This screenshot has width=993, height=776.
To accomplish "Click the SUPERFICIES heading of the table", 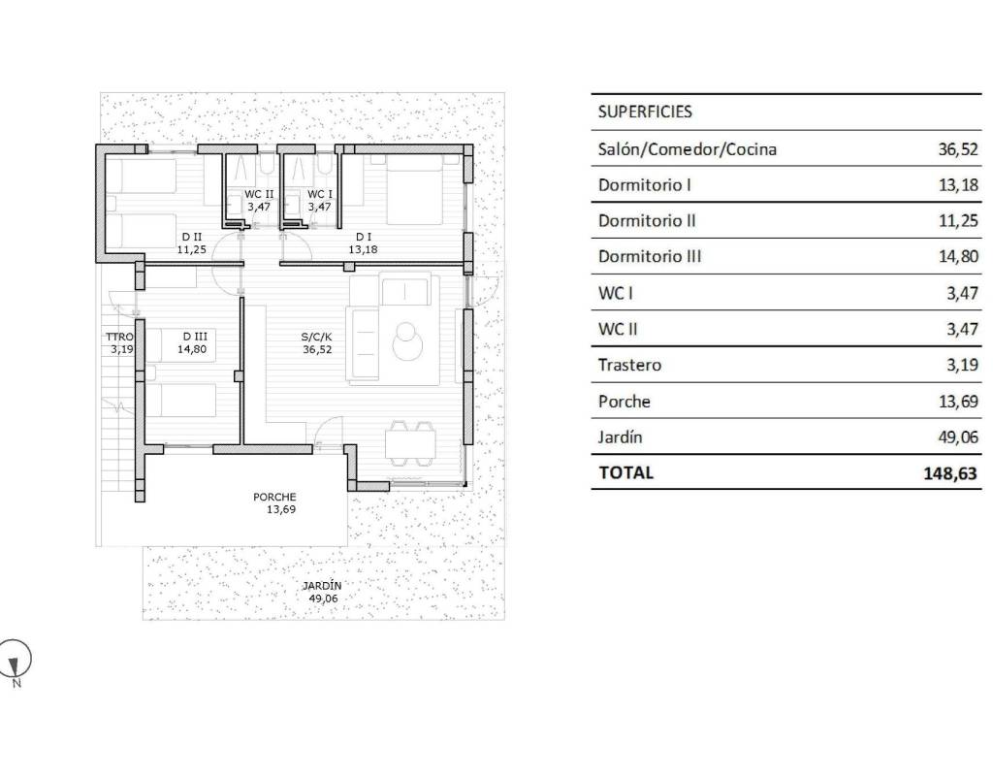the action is click(645, 113).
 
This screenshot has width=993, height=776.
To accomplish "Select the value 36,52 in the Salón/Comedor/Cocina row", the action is click(957, 149).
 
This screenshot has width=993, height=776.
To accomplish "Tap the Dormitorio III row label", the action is click(649, 256).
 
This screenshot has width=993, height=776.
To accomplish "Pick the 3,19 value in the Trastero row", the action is click(963, 365).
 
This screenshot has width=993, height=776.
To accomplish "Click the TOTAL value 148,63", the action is click(950, 473).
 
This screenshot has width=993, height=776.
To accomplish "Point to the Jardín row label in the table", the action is click(620, 437).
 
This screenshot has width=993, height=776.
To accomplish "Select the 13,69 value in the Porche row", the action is click(958, 402).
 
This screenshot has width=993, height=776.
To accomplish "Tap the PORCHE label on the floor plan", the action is click(274, 498).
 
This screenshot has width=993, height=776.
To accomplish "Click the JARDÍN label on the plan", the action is click(322, 586).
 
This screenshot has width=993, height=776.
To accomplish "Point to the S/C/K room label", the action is click(317, 337).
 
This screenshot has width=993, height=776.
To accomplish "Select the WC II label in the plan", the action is click(259, 194).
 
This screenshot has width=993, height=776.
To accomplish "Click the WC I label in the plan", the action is click(320, 194).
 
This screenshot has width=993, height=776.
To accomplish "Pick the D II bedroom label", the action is click(192, 237).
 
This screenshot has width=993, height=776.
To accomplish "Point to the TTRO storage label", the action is click(119, 337).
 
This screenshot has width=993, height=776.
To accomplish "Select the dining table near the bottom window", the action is click(410, 442).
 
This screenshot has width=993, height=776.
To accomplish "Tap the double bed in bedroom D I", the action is click(415, 190).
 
